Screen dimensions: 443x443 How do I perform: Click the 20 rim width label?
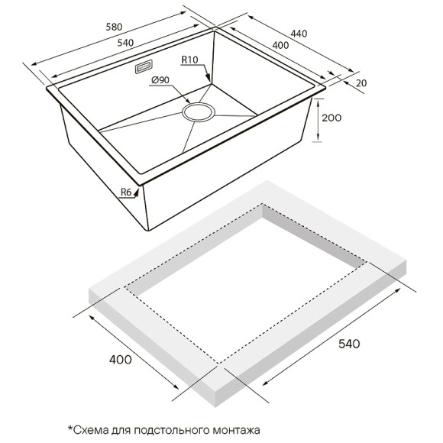tap(361, 82)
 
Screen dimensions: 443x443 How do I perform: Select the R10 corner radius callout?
tap(189, 60)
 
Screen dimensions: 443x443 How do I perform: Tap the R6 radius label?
tap(128, 192)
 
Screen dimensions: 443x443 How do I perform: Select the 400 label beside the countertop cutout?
tap(121, 358)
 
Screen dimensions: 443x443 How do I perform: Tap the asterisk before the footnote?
tap(70, 428)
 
